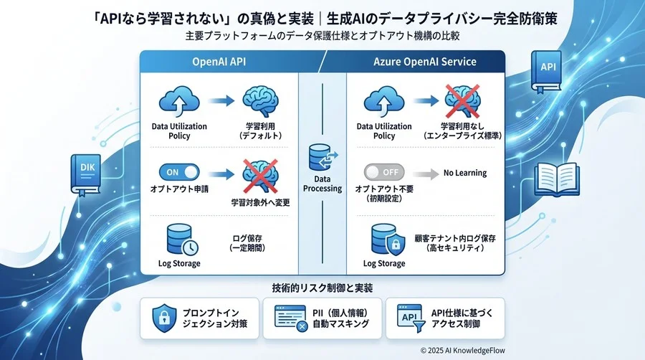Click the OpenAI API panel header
pyautogui.click(x=219, y=62)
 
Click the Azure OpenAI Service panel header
pyautogui.click(x=424, y=62)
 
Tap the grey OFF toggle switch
pyautogui.click(x=384, y=173)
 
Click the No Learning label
pyautogui.click(x=464, y=173)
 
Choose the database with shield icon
pyautogui.click(x=386, y=242)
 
